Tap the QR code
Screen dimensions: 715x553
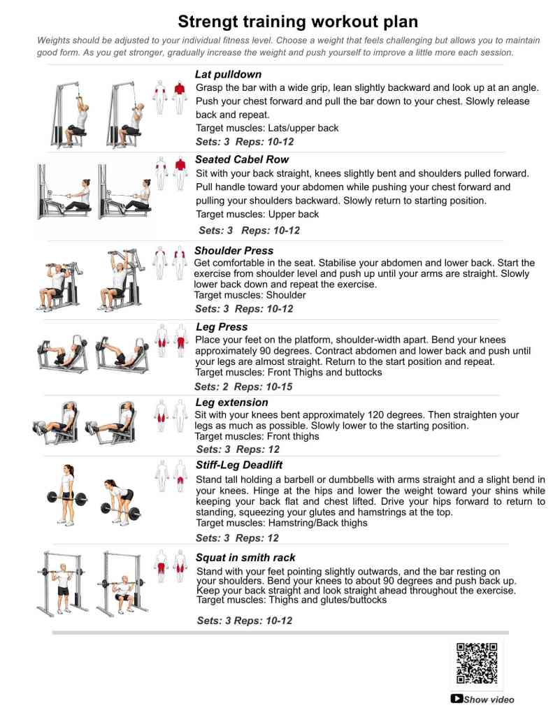pyautogui.click(x=477, y=663)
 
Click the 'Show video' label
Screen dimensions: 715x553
pyautogui.click(x=488, y=699)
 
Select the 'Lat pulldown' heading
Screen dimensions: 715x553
pyautogui.click(x=229, y=75)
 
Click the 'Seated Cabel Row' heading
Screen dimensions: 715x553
pyautogui.click(x=242, y=159)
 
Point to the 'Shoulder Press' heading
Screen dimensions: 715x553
pyautogui.click(x=234, y=250)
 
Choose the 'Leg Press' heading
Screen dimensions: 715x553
pyautogui.click(x=222, y=326)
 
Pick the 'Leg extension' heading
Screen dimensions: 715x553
pyautogui.click(x=231, y=402)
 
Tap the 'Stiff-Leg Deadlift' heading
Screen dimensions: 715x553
pyautogui.click(x=239, y=465)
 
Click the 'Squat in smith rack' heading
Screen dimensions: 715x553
pyautogui.click(x=245, y=558)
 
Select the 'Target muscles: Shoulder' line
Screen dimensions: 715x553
pyautogui.click(x=250, y=295)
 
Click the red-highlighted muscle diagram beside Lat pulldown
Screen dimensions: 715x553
pyautogui.click(x=171, y=96)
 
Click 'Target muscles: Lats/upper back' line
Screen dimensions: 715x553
pyautogui.click(x=267, y=128)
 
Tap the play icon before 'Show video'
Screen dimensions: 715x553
pyautogui.click(x=457, y=698)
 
